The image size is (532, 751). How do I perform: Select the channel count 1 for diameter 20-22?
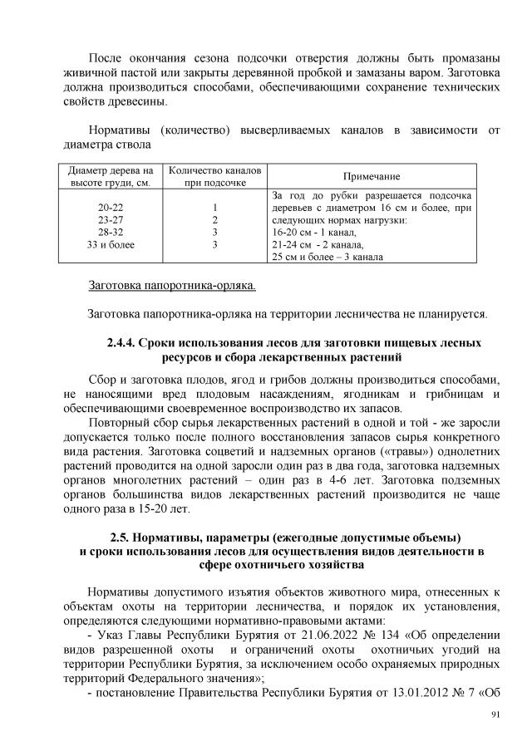214,208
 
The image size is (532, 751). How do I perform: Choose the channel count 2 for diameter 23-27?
214,220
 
